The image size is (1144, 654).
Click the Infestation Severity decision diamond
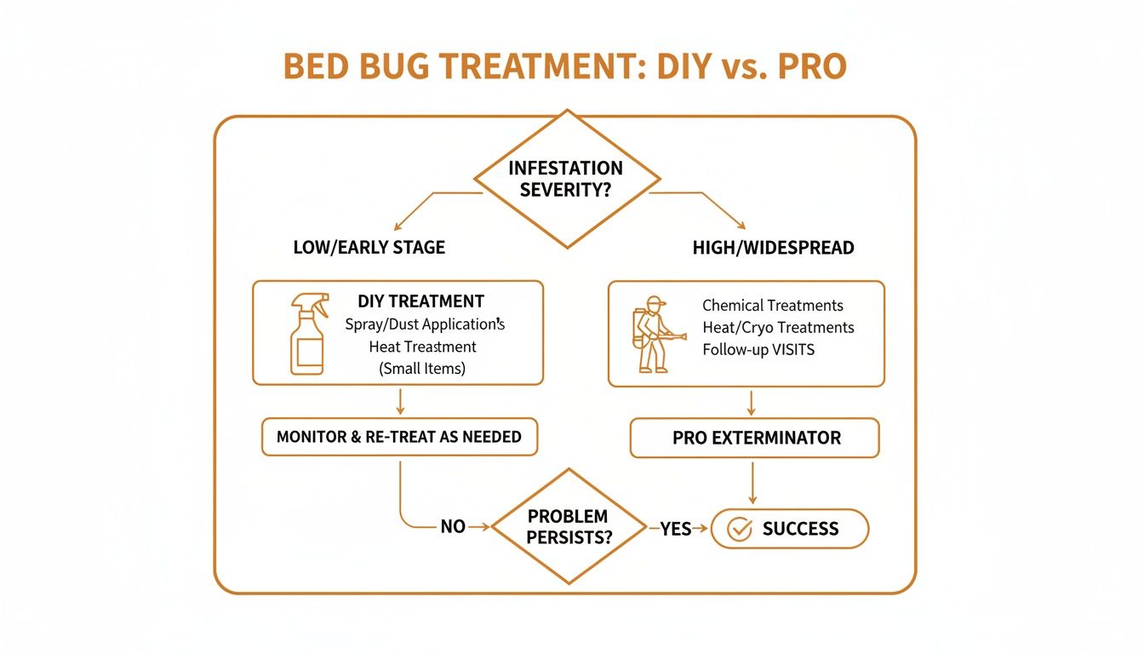tap(566, 179)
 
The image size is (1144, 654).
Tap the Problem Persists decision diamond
tap(567, 526)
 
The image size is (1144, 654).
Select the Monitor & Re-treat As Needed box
tap(399, 437)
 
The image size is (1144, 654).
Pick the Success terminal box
tap(789, 529)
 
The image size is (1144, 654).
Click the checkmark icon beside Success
tap(741, 529)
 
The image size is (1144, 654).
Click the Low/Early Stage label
tap(369, 248)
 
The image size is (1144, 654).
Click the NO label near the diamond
tap(453, 527)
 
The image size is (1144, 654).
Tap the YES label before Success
tap(675, 529)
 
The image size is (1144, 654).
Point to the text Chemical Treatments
tap(773, 305)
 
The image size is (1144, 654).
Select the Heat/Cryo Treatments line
tap(778, 327)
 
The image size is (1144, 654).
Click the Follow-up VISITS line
tap(758, 350)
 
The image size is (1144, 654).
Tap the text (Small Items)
tap(423, 369)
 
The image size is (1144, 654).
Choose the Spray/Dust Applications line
tap(426, 324)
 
